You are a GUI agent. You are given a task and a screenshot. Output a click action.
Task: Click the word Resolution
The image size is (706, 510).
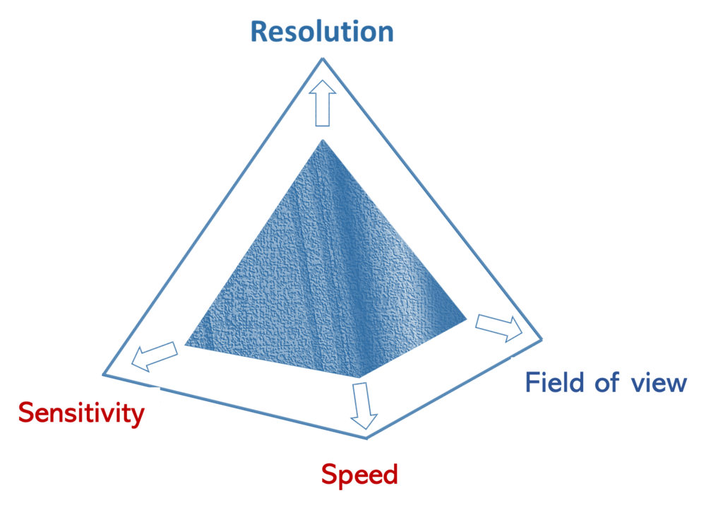(x=321, y=32)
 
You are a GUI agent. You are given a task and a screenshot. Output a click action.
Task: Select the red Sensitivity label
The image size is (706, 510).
(x=81, y=413)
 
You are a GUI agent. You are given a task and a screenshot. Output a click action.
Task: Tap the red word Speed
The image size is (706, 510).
(x=359, y=474)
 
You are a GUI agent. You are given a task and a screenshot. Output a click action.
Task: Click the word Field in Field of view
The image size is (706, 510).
(x=554, y=382)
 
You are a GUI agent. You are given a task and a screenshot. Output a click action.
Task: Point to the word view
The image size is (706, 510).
(x=659, y=383)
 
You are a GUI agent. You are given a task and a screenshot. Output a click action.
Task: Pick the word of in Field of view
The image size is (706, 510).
(x=606, y=382)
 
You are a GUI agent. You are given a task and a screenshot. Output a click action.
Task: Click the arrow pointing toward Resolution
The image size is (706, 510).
(x=323, y=102)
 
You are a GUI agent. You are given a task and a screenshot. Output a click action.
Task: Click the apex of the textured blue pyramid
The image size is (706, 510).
(x=323, y=138)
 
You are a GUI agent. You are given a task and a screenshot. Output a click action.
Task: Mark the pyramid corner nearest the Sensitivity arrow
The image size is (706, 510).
(x=185, y=346)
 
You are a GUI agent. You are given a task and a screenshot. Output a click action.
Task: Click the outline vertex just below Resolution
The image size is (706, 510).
(x=323, y=59)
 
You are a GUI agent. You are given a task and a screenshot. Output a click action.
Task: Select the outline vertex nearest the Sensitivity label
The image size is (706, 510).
(x=106, y=372)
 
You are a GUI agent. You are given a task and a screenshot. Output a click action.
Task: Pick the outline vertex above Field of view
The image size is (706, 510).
(x=542, y=338)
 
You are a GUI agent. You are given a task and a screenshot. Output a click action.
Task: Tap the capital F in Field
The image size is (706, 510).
(x=532, y=382)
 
